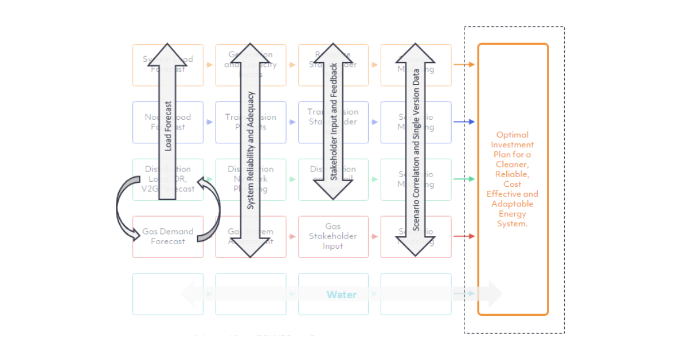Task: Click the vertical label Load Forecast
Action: tap(168, 126)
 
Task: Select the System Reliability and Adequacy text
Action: tap(250, 150)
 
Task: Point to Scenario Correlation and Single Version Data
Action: tap(416, 150)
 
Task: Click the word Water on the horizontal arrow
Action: tap(342, 295)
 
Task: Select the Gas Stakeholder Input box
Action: tap(333, 236)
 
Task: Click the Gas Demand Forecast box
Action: tap(168, 236)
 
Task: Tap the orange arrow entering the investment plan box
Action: tap(464, 65)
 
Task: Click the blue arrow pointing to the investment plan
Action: tap(464, 122)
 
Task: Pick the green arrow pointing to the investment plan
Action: tap(464, 179)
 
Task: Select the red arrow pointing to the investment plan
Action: tap(464, 236)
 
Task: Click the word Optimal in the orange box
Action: tap(513, 135)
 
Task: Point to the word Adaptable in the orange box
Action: tap(513, 204)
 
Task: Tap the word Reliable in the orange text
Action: tap(513, 174)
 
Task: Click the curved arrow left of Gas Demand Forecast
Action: tap(123, 209)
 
